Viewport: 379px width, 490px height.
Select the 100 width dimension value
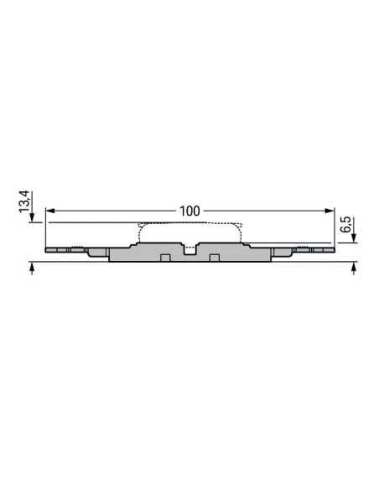click(189, 211)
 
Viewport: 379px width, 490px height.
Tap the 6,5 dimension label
click(344, 225)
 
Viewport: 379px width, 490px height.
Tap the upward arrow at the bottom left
click(32, 268)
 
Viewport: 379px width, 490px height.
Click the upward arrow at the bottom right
click(353, 268)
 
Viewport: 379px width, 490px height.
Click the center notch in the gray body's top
click(189, 248)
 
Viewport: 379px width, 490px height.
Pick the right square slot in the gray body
click(214, 257)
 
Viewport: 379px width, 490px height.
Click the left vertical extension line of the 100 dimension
click(45, 227)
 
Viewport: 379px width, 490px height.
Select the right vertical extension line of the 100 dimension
click(334, 227)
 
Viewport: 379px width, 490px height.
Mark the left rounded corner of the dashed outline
click(140, 227)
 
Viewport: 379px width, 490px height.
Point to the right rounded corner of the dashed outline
click(241, 227)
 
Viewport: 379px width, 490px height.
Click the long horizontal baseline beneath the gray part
click(189, 263)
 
